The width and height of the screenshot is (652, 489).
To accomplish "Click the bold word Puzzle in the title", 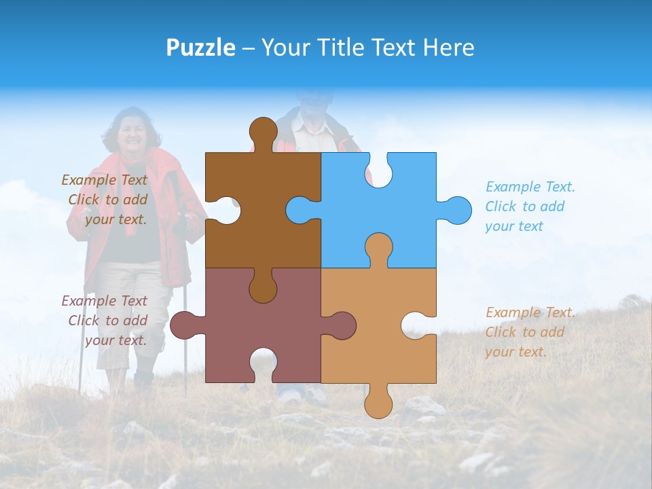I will click(201, 48).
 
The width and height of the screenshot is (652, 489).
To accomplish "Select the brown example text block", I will click(106, 200).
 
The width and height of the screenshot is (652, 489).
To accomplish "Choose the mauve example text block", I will click(106, 321).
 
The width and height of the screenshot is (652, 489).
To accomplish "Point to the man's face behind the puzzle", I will click(314, 102).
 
